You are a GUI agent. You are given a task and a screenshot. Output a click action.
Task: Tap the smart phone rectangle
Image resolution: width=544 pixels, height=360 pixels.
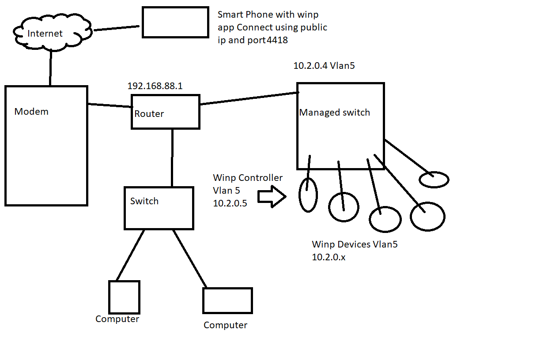175,22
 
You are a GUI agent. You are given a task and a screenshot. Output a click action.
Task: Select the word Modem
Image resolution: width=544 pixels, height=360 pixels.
31,112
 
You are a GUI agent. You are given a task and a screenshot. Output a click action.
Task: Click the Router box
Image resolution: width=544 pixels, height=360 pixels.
166,112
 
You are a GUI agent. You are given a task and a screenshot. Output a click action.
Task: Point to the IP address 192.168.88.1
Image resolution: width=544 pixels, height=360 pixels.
155,86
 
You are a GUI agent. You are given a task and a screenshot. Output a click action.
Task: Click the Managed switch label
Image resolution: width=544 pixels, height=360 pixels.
334,112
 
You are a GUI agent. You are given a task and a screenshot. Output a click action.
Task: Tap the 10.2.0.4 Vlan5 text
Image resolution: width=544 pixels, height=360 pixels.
324,66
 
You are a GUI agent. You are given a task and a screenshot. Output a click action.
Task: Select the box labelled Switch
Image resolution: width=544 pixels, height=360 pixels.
159,208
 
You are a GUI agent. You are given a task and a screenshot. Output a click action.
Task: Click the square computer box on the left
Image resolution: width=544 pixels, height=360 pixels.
124,297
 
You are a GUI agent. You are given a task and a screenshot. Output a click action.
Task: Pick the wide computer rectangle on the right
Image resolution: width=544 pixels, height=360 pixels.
227,300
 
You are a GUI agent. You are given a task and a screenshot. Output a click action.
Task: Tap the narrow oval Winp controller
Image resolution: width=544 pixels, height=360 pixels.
308,195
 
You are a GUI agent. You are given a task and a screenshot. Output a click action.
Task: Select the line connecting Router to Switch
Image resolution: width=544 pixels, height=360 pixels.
172,157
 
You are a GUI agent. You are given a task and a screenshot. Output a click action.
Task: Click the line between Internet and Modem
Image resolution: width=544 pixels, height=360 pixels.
51,67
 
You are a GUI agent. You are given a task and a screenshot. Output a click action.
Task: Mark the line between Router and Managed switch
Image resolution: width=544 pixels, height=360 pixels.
249,99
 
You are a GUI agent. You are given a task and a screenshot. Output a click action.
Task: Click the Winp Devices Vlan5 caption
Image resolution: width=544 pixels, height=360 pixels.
355,244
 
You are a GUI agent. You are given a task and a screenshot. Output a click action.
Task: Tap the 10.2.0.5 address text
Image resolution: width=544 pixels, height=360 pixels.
230,203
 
